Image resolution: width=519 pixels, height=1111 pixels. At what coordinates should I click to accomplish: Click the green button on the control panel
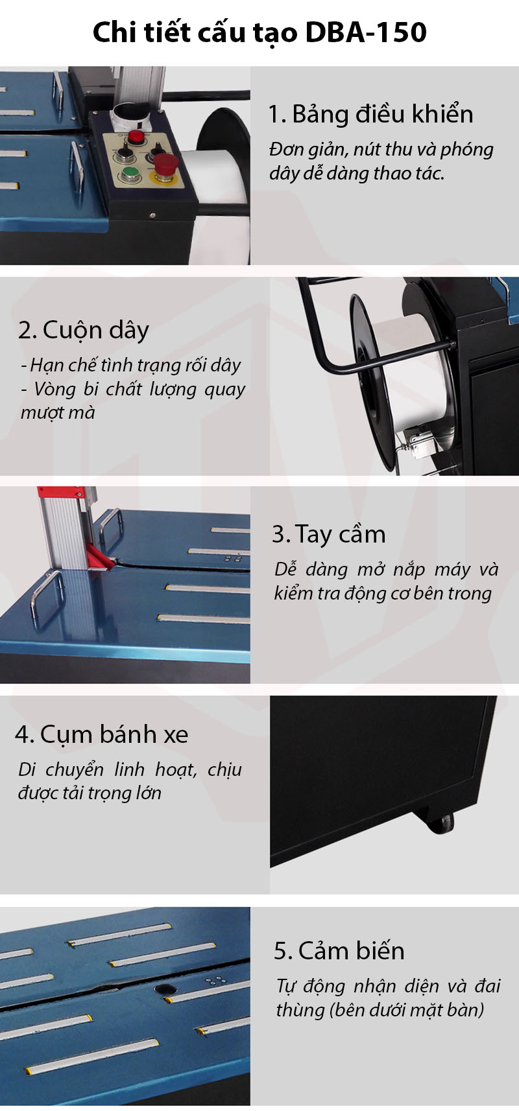(x=130, y=175)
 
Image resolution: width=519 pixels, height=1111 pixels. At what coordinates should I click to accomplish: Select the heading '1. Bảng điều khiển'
(x=370, y=114)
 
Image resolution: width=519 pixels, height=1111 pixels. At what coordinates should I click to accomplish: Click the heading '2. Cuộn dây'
(x=84, y=330)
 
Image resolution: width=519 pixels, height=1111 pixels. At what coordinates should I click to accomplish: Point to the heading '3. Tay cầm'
(x=329, y=534)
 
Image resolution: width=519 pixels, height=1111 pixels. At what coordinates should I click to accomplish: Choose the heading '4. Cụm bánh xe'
(x=102, y=734)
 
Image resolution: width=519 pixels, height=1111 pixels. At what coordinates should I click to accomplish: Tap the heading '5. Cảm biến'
(x=339, y=951)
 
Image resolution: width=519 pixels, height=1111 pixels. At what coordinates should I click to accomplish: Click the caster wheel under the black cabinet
(x=442, y=823)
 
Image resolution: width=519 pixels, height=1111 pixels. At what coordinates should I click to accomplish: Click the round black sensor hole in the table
(x=165, y=990)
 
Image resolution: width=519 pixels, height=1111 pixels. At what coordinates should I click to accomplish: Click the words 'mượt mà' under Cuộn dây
(x=58, y=413)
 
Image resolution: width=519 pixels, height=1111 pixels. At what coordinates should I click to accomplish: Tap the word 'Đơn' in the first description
(x=284, y=150)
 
